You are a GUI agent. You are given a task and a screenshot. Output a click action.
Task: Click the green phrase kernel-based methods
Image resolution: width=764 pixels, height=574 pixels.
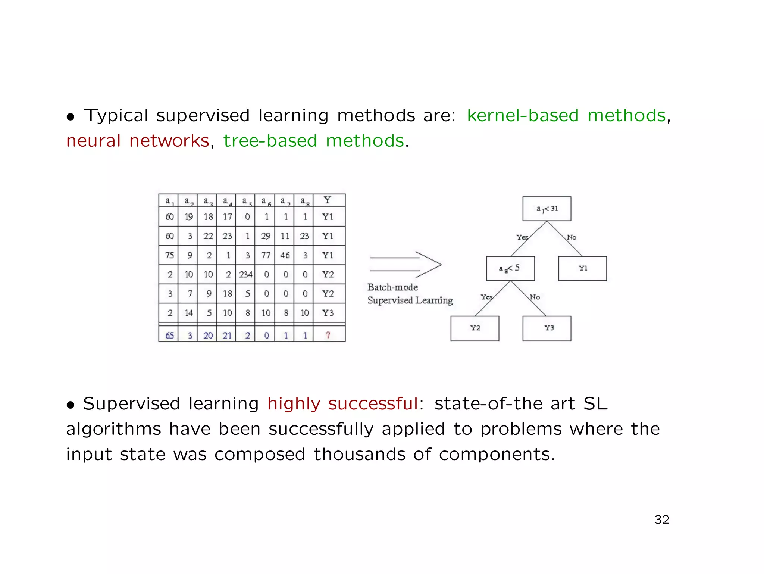point(566,116)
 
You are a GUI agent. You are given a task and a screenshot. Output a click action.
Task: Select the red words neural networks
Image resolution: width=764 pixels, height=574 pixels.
point(138,141)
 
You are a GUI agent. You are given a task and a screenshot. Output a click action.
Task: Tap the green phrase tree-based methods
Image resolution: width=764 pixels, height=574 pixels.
point(314,141)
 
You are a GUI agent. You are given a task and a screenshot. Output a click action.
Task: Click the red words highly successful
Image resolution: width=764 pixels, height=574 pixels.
point(342,404)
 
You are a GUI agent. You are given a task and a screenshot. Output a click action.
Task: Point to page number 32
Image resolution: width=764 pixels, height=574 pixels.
point(661,520)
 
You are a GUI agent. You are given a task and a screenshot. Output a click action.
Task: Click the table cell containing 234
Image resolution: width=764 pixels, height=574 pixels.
point(245,275)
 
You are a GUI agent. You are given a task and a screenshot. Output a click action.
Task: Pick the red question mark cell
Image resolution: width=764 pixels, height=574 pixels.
point(328,335)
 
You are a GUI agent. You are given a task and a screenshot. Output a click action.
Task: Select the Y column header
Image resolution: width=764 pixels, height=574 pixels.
point(328,200)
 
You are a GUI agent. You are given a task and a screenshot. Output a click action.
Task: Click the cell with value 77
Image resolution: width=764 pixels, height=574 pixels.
point(265,255)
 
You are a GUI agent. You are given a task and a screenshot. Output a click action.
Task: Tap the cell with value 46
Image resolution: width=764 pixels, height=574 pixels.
point(285,255)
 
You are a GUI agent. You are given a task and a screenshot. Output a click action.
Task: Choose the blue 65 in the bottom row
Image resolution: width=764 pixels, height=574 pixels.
point(169,335)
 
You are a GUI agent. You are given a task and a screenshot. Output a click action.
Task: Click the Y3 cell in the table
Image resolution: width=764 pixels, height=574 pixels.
point(328,313)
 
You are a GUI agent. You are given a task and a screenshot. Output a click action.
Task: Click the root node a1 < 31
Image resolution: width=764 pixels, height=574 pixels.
point(547,209)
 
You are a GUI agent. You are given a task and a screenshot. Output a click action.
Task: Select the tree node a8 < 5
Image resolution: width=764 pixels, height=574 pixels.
point(510,268)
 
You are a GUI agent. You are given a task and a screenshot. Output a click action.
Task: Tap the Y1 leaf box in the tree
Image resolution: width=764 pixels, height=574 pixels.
point(582,268)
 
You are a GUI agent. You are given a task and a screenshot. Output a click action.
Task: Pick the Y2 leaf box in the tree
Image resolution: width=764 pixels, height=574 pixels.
point(475,328)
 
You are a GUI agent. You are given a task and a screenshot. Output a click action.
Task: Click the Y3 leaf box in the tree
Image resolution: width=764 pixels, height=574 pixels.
point(547,328)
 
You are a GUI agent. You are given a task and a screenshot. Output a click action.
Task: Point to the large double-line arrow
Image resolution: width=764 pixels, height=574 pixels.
point(406,264)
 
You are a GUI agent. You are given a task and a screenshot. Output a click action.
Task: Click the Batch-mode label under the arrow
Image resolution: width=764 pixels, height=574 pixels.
point(392,287)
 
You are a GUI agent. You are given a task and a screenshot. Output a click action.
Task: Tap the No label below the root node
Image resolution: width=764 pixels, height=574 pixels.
point(571,237)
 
